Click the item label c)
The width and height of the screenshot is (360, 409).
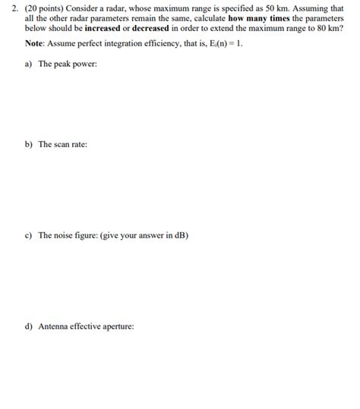coord(29,235)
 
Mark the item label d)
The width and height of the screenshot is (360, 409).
coord(29,327)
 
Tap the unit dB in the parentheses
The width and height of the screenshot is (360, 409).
coord(179,235)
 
